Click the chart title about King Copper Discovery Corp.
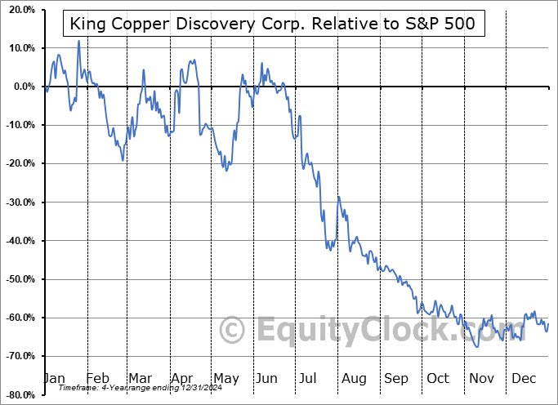coord(275,24)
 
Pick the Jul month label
coord(309,378)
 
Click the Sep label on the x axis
coord(395,378)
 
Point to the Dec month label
coord(524,378)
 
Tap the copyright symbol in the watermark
coord(232,331)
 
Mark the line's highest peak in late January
coord(78,41)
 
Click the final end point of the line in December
coord(548,324)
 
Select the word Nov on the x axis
coord(481,378)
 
